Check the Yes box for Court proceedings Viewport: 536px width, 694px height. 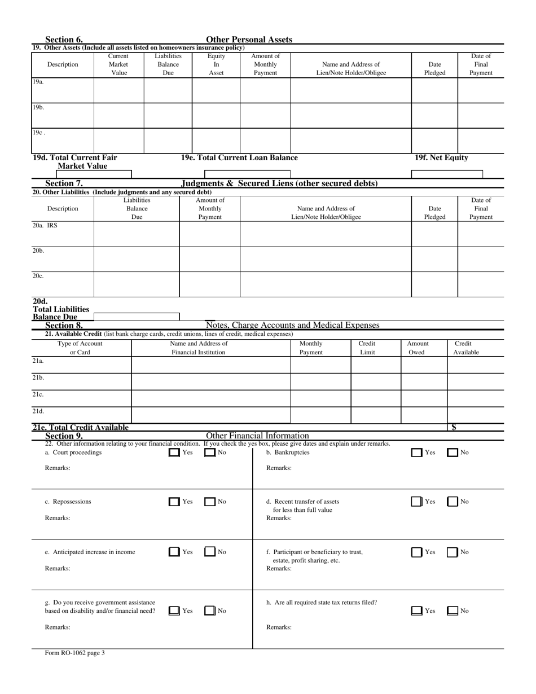[174, 453]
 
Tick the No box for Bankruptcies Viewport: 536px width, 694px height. [452, 453]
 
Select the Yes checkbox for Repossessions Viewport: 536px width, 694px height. [174, 502]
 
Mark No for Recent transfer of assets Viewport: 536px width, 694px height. [452, 502]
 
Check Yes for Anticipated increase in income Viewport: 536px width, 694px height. [174, 552]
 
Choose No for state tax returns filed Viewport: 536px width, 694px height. [452, 610]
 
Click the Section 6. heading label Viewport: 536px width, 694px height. [64, 39]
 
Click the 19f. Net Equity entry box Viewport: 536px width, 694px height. [447, 174]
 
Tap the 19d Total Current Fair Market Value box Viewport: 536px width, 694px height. [82, 174]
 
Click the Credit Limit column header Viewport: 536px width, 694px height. [367, 348]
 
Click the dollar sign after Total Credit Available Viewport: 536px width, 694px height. [455, 428]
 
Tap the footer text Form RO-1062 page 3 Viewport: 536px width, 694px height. [75, 653]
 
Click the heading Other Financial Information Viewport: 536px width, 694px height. [257, 436]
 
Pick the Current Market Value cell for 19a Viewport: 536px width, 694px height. [118, 90]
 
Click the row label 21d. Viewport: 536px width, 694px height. [38, 411]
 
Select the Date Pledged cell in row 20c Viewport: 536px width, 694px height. [434, 284]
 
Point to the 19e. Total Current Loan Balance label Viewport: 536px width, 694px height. [239, 158]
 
